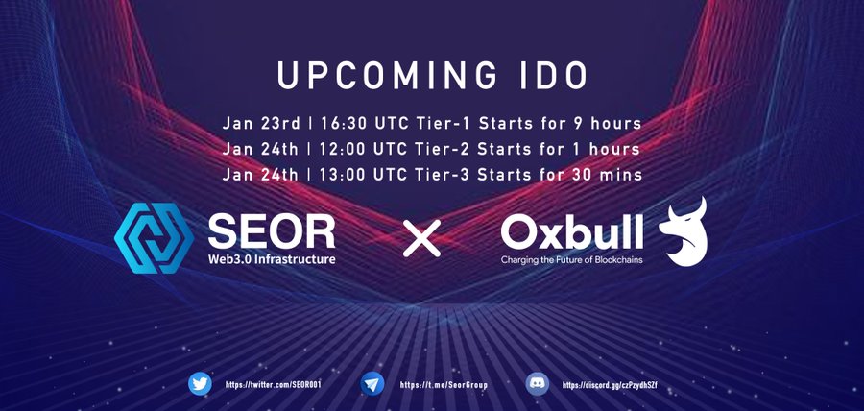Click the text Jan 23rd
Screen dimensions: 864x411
tap(261, 123)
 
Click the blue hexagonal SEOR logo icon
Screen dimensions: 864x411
tap(154, 238)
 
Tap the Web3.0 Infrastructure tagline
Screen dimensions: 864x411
tap(272, 258)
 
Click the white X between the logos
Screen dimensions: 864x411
tap(422, 238)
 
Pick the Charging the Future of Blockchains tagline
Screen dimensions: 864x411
tap(572, 259)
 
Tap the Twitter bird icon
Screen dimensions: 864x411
tap(200, 383)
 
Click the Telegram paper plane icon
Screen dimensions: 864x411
tap(372, 383)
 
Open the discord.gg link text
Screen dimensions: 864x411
tap(610, 385)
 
